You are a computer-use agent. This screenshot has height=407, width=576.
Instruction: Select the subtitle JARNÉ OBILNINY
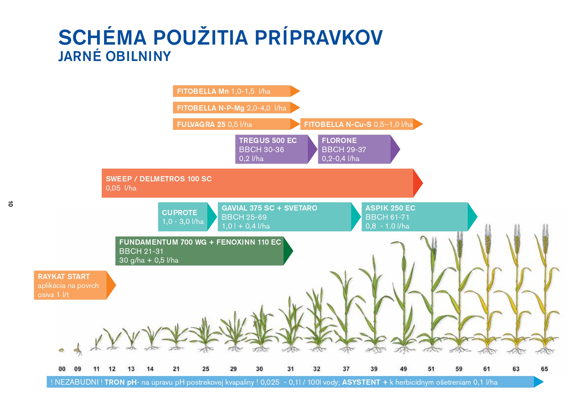(x=115, y=56)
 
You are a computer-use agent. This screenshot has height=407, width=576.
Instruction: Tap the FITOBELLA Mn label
(x=203, y=91)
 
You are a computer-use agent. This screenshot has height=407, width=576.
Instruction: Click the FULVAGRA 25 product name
(x=201, y=124)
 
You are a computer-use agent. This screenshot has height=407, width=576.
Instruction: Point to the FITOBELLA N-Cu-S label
(x=338, y=124)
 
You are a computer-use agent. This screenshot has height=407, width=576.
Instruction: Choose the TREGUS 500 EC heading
(x=268, y=140)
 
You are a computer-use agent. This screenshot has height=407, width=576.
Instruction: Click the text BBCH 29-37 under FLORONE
(x=343, y=150)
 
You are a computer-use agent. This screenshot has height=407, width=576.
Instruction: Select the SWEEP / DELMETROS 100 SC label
(x=159, y=179)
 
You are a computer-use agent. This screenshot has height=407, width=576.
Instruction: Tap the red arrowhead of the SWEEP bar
(x=418, y=183)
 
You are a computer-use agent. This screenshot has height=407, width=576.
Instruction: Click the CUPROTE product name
(x=179, y=213)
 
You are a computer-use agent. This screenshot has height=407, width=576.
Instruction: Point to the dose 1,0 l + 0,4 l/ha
(x=246, y=226)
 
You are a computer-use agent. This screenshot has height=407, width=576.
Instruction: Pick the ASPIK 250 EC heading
(x=390, y=208)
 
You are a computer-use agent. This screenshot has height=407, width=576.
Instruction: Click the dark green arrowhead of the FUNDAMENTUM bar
(x=288, y=251)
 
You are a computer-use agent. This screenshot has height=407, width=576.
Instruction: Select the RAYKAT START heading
(x=64, y=276)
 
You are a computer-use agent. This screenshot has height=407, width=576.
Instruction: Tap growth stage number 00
(x=62, y=369)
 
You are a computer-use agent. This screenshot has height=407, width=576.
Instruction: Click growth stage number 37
(x=346, y=369)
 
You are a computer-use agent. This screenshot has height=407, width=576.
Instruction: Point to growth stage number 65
(x=544, y=369)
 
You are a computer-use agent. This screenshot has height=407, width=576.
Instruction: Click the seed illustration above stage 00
(x=61, y=350)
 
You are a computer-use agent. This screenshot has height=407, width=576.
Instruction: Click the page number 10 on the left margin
(x=11, y=204)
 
